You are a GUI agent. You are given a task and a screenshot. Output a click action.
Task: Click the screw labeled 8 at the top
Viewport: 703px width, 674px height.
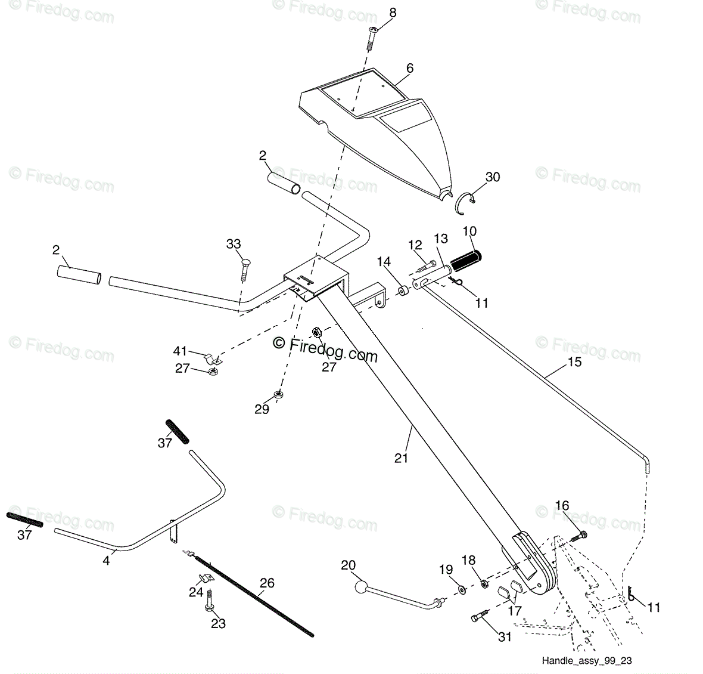click(372, 39)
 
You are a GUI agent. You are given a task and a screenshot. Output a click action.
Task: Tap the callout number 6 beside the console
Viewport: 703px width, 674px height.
click(409, 68)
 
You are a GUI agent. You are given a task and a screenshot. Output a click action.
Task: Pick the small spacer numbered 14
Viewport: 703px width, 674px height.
click(404, 291)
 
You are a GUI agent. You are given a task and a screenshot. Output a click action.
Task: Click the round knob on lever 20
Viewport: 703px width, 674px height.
click(360, 587)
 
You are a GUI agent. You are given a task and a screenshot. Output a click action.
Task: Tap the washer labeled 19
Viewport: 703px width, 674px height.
click(461, 590)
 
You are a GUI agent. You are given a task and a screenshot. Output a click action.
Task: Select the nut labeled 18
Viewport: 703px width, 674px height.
click(484, 584)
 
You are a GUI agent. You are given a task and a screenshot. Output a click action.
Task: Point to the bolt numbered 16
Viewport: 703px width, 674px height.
click(579, 536)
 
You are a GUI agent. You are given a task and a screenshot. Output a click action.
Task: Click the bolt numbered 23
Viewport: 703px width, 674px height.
click(209, 601)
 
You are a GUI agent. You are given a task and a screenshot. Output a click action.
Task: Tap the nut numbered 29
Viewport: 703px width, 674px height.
click(278, 395)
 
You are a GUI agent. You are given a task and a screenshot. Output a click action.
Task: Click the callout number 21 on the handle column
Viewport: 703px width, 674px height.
click(401, 457)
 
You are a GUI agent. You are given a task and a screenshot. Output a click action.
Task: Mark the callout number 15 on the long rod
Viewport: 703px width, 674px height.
click(574, 361)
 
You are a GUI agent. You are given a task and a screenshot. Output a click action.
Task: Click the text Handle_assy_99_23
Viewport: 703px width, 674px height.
click(587, 660)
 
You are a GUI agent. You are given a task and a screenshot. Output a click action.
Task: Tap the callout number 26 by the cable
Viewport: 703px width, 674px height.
click(267, 583)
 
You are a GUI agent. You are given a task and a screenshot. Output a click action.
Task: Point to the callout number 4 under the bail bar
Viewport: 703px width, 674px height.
click(106, 561)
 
